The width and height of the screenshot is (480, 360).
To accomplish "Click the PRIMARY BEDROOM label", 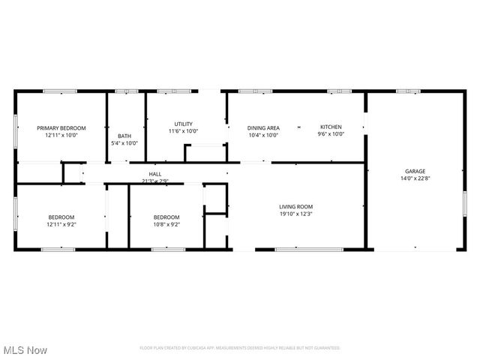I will (61, 128).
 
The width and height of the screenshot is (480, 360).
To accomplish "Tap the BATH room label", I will (124, 136).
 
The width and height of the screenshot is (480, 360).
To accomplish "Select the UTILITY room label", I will (183, 124).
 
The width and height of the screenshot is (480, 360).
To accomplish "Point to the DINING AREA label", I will (263, 127).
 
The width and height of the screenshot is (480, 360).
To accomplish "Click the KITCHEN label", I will (331, 127).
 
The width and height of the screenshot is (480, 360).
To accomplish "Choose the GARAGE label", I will (415, 171).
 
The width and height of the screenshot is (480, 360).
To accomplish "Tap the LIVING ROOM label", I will (295, 206).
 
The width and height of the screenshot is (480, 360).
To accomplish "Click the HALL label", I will (155, 174).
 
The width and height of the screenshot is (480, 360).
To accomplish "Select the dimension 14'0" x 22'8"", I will (415, 178).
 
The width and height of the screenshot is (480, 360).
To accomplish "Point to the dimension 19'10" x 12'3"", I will (295, 214).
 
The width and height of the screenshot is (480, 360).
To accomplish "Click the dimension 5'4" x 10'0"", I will (124, 143).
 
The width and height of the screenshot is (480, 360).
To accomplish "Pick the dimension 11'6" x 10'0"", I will (183, 131).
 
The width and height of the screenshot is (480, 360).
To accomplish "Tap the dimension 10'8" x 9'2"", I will (166, 224).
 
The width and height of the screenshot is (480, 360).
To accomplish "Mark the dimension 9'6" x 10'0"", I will (331, 135).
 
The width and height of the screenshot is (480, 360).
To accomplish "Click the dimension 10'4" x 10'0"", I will (263, 135).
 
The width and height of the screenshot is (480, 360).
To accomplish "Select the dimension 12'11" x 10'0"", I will (61, 136).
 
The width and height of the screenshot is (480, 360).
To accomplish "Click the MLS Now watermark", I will (25, 350).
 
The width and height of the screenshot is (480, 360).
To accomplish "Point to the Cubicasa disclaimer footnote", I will (240, 348).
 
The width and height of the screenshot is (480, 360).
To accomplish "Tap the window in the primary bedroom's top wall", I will (59, 91).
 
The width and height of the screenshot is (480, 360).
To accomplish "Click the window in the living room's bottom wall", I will (298, 249).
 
